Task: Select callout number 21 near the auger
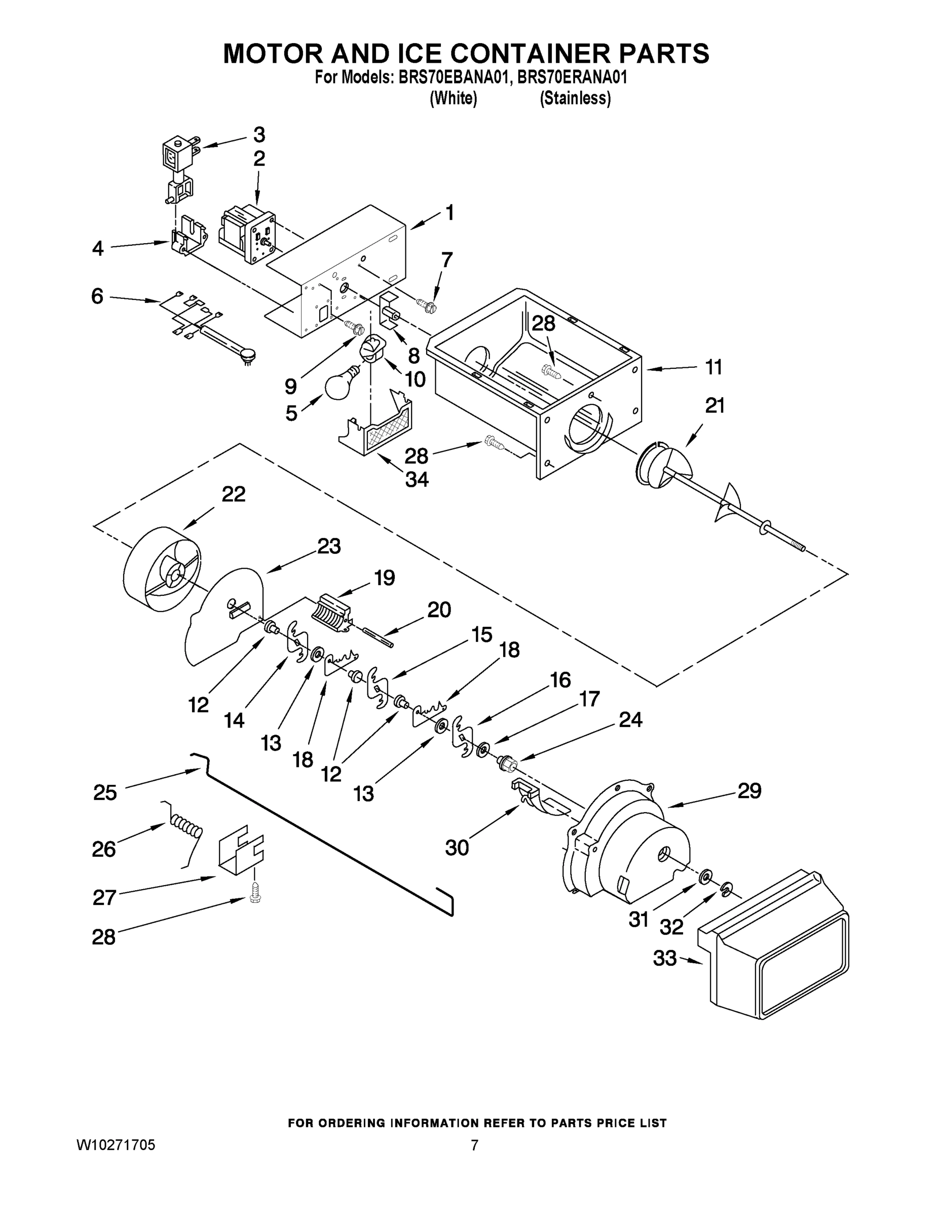pyautogui.click(x=715, y=406)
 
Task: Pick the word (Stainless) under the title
pyautogui.click(x=575, y=99)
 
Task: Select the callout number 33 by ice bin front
pyautogui.click(x=664, y=958)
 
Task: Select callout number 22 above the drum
pyautogui.click(x=233, y=494)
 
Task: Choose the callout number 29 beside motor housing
pyautogui.click(x=749, y=790)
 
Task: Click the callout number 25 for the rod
pyautogui.click(x=105, y=792)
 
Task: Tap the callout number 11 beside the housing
pyautogui.click(x=713, y=367)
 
